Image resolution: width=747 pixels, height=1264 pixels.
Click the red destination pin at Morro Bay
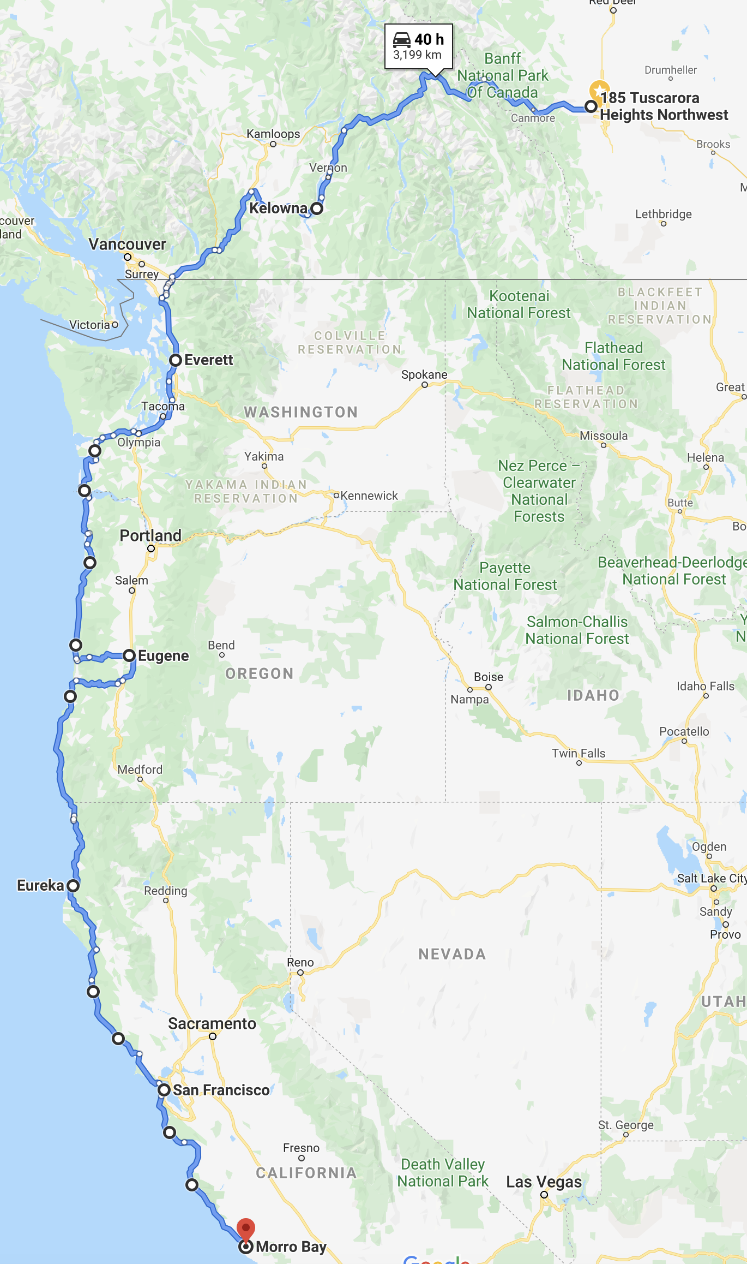[x=246, y=1229]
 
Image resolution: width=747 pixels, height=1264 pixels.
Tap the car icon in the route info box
[x=402, y=40]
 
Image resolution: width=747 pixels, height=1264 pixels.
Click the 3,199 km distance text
[x=417, y=55]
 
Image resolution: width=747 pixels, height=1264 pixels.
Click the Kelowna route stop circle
[x=317, y=208]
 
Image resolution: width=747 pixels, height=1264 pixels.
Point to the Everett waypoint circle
[x=176, y=360]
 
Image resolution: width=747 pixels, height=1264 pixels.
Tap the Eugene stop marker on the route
[x=129, y=655]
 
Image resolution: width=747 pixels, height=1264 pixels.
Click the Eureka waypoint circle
[x=73, y=885]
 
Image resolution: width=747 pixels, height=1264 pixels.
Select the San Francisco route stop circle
[x=164, y=1090]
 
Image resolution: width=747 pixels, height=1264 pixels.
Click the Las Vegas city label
[x=544, y=1182]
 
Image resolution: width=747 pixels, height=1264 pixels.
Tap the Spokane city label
[x=424, y=374]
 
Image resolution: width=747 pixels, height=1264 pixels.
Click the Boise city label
[x=489, y=677]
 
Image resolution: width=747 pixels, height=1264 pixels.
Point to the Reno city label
[x=300, y=962]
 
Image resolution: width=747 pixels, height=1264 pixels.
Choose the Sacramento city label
[x=212, y=1023]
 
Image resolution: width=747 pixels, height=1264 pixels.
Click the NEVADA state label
[x=452, y=954]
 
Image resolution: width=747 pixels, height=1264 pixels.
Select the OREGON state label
[x=260, y=673]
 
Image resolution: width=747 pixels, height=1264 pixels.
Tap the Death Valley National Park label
[x=443, y=1172]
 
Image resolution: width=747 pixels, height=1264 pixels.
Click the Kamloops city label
[x=273, y=134]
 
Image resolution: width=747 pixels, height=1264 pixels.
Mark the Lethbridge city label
[x=663, y=214]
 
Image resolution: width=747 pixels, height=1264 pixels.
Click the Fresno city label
[x=301, y=1148]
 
